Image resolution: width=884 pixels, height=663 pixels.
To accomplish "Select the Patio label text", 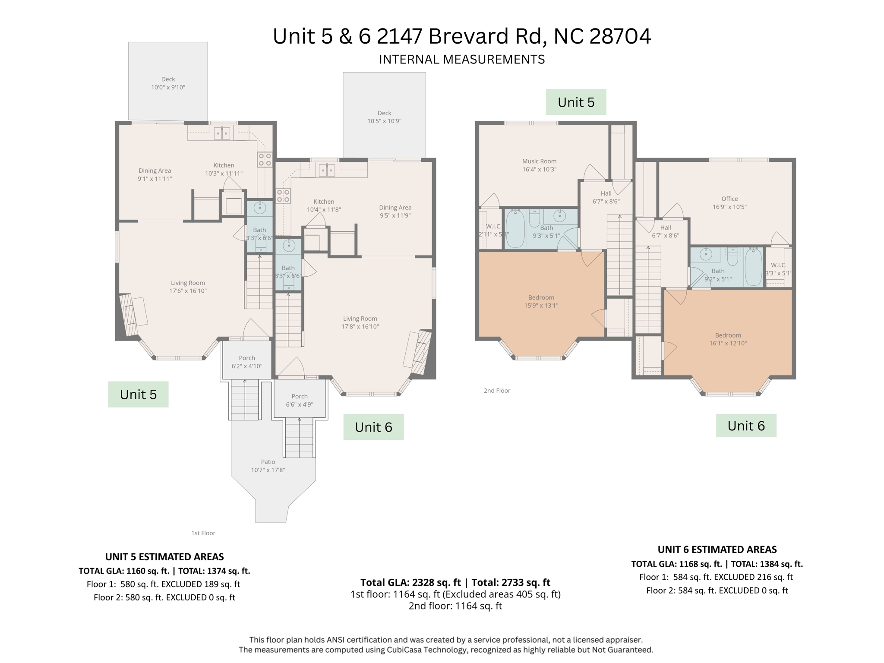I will [x=268, y=462].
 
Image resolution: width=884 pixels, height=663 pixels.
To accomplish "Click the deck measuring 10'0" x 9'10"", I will [x=168, y=83].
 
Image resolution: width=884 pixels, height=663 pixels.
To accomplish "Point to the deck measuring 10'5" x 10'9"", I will [x=384, y=117].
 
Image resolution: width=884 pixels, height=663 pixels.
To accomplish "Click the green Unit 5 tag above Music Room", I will [x=576, y=102].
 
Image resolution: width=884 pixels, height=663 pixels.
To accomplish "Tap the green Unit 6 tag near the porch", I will [x=373, y=427].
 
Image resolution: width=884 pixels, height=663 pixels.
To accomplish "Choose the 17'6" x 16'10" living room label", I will [x=188, y=287].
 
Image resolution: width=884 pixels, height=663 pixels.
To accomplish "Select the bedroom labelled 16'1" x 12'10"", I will [x=728, y=339].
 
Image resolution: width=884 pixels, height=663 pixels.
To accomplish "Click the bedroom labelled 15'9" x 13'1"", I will [x=541, y=301].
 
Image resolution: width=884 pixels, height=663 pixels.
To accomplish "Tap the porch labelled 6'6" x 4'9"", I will [x=299, y=400].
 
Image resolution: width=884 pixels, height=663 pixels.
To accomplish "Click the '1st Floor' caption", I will [x=203, y=533].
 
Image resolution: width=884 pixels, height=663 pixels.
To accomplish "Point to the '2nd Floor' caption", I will [x=497, y=391].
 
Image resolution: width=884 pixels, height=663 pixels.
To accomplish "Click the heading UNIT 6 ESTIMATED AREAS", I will [x=717, y=549].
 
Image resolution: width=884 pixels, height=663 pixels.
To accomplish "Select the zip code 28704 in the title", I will [x=620, y=36].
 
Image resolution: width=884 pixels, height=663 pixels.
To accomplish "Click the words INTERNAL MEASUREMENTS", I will [x=462, y=60].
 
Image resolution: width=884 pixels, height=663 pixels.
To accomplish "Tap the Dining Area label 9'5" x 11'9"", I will [x=395, y=212].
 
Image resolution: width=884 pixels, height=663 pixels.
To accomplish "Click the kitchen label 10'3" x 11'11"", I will [x=224, y=169].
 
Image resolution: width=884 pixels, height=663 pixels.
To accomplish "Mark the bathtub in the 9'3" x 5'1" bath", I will [x=515, y=228].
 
